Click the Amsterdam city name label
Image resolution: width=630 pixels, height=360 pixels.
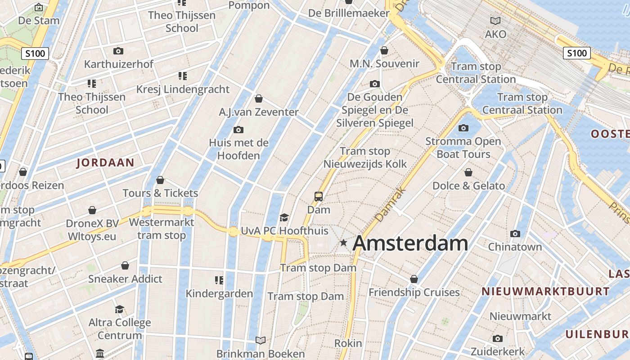[410, 243]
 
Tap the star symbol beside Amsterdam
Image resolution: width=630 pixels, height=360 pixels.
[344, 243]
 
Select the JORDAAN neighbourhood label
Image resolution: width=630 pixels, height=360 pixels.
[105, 163]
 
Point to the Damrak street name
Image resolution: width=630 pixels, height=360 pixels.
[390, 205]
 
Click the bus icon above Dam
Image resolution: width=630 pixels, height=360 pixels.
[319, 196]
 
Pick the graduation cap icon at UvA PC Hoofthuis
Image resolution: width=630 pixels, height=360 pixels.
[284, 218]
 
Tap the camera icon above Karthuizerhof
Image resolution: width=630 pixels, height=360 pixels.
[118, 51]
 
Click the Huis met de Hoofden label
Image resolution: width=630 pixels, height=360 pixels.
[238, 149]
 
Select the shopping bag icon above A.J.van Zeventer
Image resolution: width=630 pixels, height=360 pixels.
[259, 98]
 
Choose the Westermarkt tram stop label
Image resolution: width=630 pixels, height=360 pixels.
[162, 229]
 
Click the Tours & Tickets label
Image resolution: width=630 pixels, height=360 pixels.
[160, 193]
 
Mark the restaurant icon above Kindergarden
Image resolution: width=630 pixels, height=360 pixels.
[219, 280]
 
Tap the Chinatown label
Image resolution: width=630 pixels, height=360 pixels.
[515, 247]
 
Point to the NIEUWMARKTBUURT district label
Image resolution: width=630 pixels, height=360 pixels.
[545, 291]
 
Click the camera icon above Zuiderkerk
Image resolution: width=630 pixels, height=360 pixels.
[497, 338]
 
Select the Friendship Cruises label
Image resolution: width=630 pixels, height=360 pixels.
[414, 292]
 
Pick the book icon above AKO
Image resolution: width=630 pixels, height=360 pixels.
[495, 21]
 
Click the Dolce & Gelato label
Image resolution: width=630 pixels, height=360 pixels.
[468, 186]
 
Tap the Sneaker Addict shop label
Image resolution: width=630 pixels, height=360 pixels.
[125, 279]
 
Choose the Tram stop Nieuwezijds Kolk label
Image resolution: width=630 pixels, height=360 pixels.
[365, 157]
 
